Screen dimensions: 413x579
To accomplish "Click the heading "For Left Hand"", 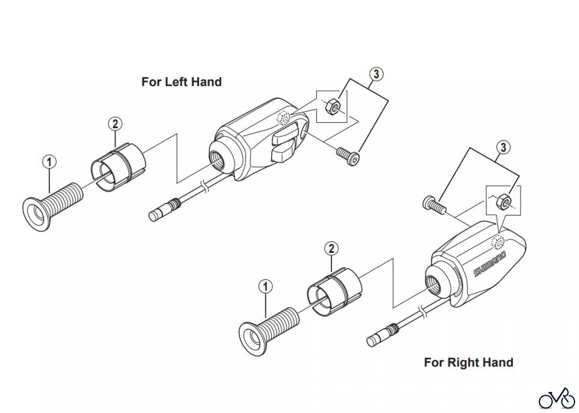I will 181,82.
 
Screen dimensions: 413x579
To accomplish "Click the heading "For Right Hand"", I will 468,362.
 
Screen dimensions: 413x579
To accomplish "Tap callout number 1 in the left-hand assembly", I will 49,162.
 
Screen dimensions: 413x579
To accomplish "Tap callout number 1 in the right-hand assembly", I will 266,286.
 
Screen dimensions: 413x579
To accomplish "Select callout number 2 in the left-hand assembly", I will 115,124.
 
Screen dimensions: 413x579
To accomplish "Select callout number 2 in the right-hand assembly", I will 332,248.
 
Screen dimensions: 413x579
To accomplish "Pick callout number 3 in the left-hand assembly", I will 376,74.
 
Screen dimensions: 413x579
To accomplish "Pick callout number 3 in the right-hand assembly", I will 503,148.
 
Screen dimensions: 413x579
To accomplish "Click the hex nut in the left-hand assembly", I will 332,106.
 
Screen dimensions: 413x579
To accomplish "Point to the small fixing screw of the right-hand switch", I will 433,205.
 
